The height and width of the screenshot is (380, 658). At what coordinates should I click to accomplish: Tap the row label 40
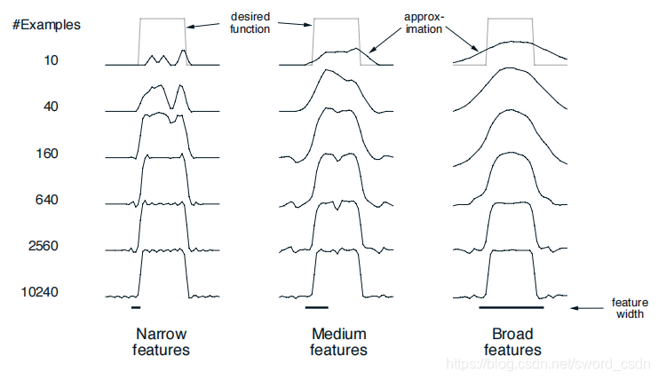51,107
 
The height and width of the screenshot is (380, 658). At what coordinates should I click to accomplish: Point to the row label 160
47,154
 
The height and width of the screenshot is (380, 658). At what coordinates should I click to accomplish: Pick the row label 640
47,200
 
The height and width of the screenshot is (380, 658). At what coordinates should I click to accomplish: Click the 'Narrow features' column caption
162,342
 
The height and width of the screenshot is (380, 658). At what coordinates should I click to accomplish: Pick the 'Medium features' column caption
338,342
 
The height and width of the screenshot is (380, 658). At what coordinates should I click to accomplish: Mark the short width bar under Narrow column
135,307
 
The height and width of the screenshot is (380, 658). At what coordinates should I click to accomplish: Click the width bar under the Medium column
316,307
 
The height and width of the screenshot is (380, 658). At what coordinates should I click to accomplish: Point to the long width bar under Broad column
511,307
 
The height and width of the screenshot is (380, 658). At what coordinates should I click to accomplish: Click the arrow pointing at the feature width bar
586,308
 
